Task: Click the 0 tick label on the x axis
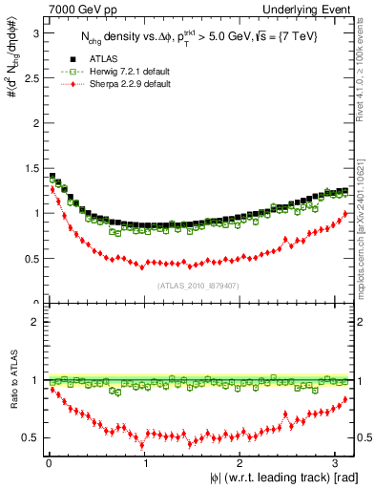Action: click(x=49, y=463)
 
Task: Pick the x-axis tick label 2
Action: click(x=240, y=463)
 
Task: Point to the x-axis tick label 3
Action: click(x=337, y=463)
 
